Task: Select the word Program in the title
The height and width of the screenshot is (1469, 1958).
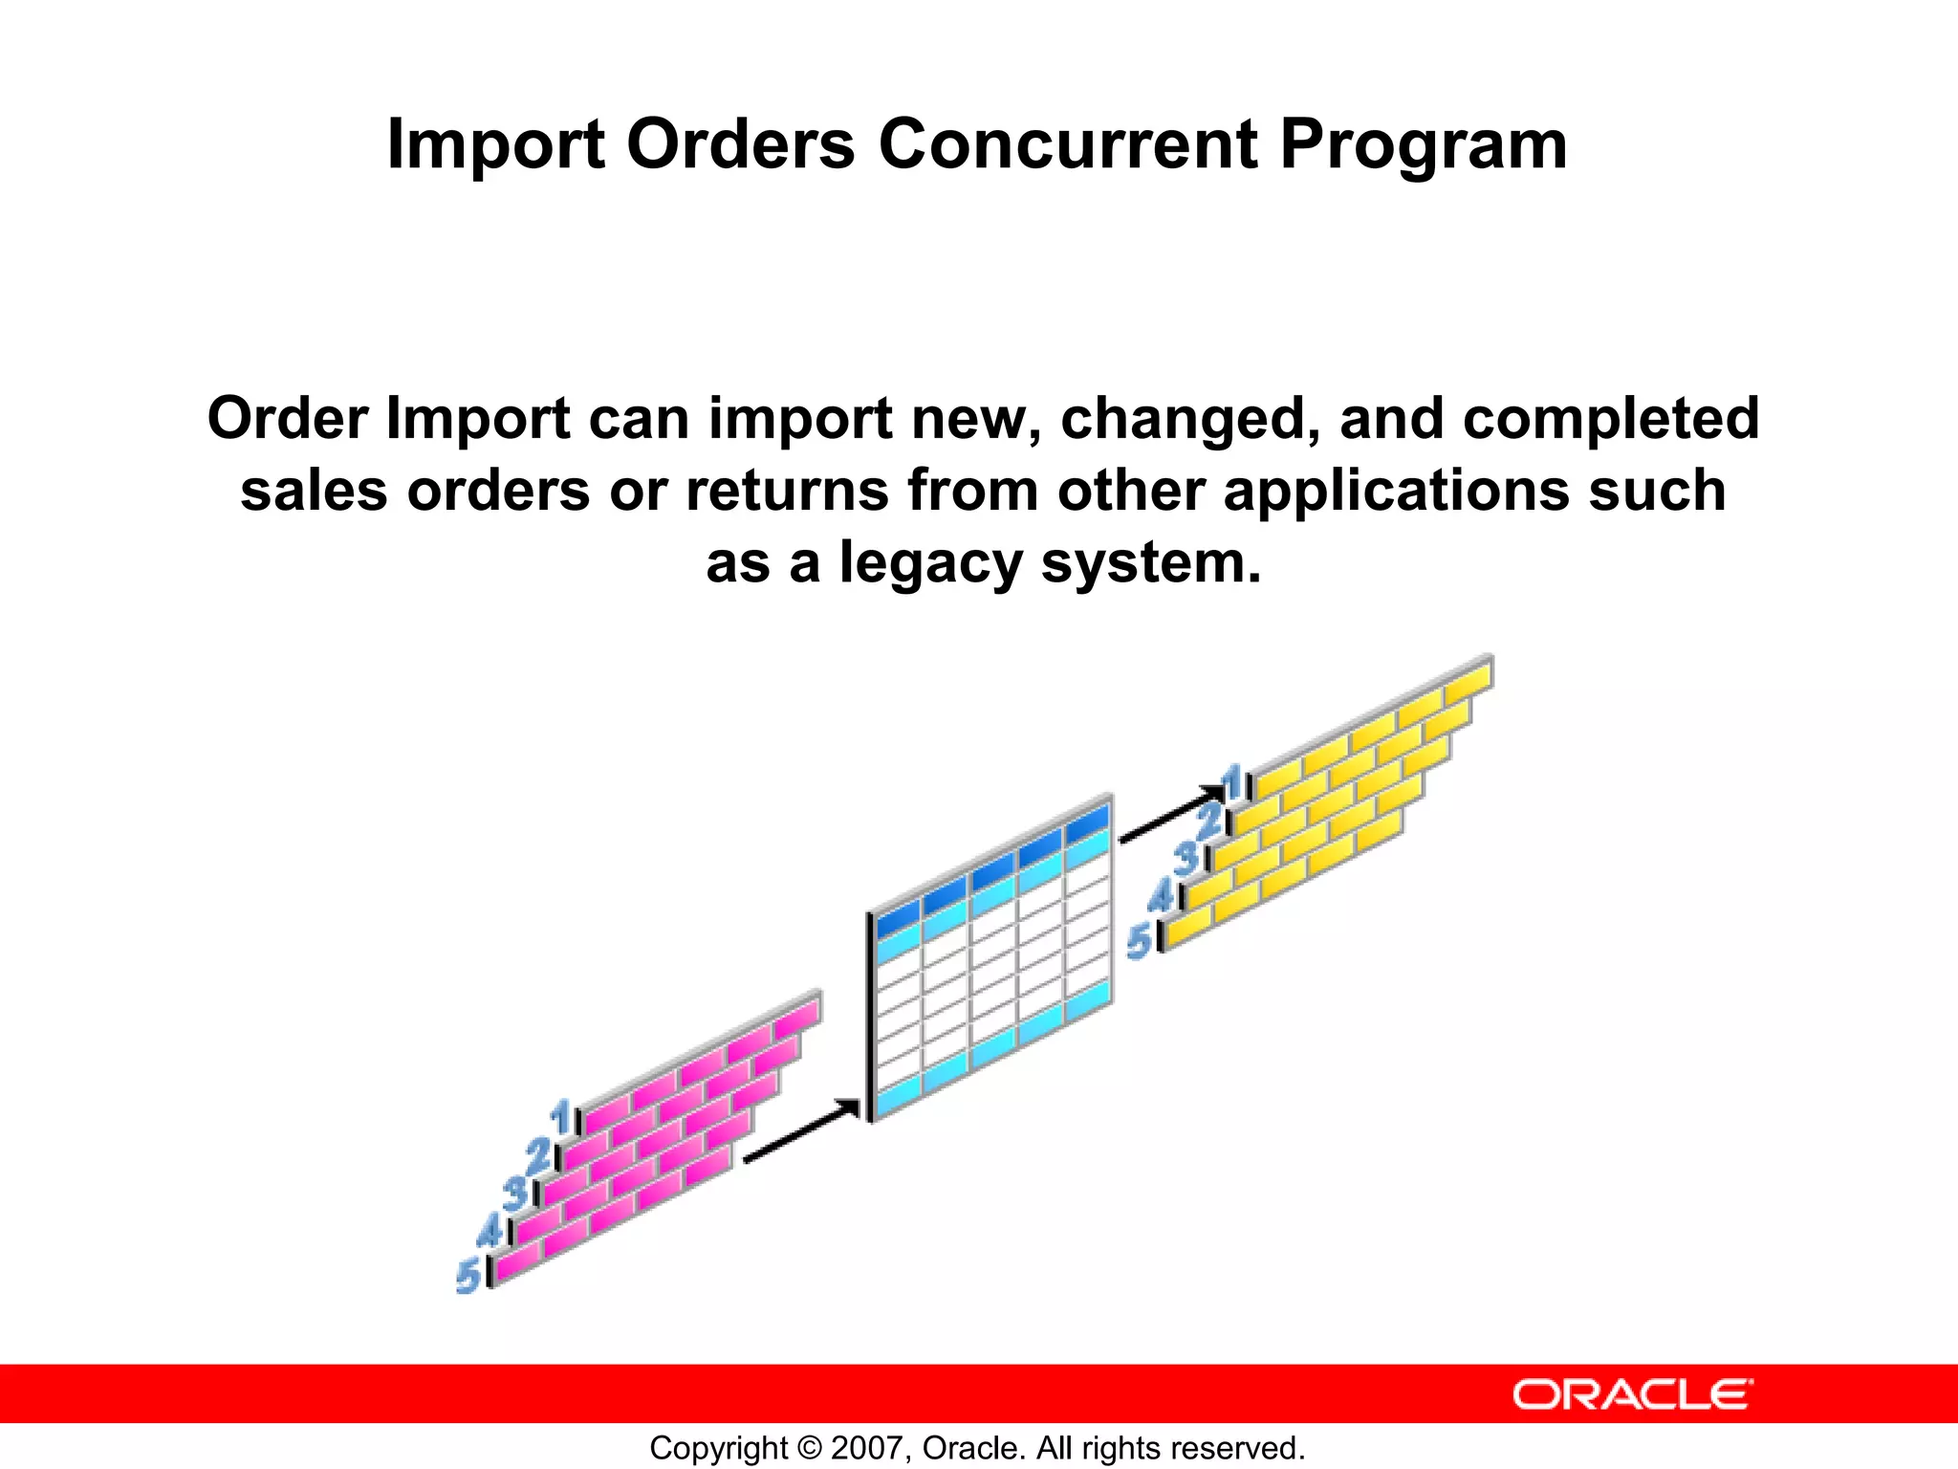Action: click(x=1423, y=145)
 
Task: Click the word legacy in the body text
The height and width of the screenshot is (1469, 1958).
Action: click(x=930, y=562)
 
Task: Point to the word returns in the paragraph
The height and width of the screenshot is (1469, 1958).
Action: click(x=787, y=491)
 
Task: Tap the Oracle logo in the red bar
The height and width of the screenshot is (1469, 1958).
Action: click(x=1632, y=1394)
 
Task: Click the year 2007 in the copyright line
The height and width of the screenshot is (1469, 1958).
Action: click(x=867, y=1448)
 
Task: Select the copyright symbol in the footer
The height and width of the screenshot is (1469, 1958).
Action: click(x=809, y=1448)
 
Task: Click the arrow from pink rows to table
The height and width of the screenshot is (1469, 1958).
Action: click(x=801, y=1131)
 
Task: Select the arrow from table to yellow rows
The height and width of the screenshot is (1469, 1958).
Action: click(x=1171, y=815)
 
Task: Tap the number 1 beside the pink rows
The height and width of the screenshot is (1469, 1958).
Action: click(x=561, y=1116)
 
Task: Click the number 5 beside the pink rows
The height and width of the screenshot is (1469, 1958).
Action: click(x=468, y=1276)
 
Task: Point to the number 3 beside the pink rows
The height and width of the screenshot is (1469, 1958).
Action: click(x=516, y=1194)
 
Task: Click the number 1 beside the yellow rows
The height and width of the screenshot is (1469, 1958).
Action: click(x=1233, y=781)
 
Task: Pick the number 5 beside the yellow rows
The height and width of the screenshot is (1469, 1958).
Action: click(x=1140, y=941)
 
